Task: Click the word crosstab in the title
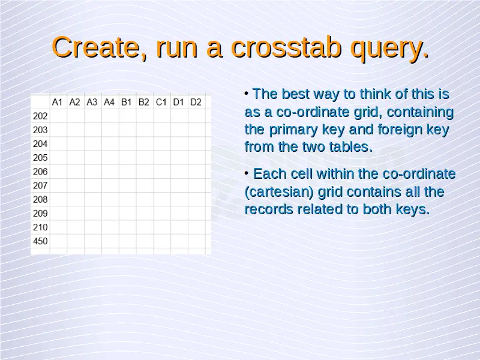[x=286, y=47]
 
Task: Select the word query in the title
[x=386, y=50]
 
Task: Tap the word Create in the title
[x=95, y=47]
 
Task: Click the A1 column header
[x=57, y=102]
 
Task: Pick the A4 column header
[x=109, y=102]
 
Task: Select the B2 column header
[x=144, y=102]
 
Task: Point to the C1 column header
[x=161, y=102]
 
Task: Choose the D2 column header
[x=196, y=102]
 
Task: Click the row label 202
[x=40, y=116]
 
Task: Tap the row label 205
[x=40, y=158]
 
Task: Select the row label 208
[x=40, y=200]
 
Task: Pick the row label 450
[x=40, y=241]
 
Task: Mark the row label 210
[x=40, y=227]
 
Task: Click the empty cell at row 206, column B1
[x=128, y=172]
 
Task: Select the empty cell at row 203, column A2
[x=76, y=130]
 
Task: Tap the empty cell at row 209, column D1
[x=179, y=214]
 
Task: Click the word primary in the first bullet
[x=293, y=130]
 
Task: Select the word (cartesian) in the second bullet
[x=279, y=193]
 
